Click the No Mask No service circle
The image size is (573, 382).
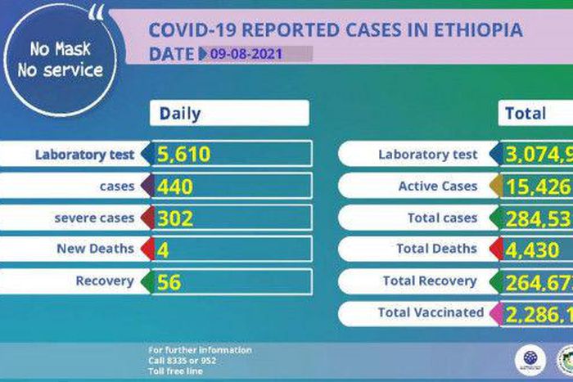(x=59, y=61)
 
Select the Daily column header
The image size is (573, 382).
(x=180, y=114)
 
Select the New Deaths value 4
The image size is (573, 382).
(x=163, y=249)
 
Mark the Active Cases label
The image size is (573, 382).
(x=437, y=187)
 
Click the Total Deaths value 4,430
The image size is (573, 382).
(x=530, y=249)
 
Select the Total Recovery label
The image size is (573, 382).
(x=429, y=281)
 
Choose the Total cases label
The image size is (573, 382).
(x=442, y=218)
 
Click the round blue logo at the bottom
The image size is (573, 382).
(x=530, y=360)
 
